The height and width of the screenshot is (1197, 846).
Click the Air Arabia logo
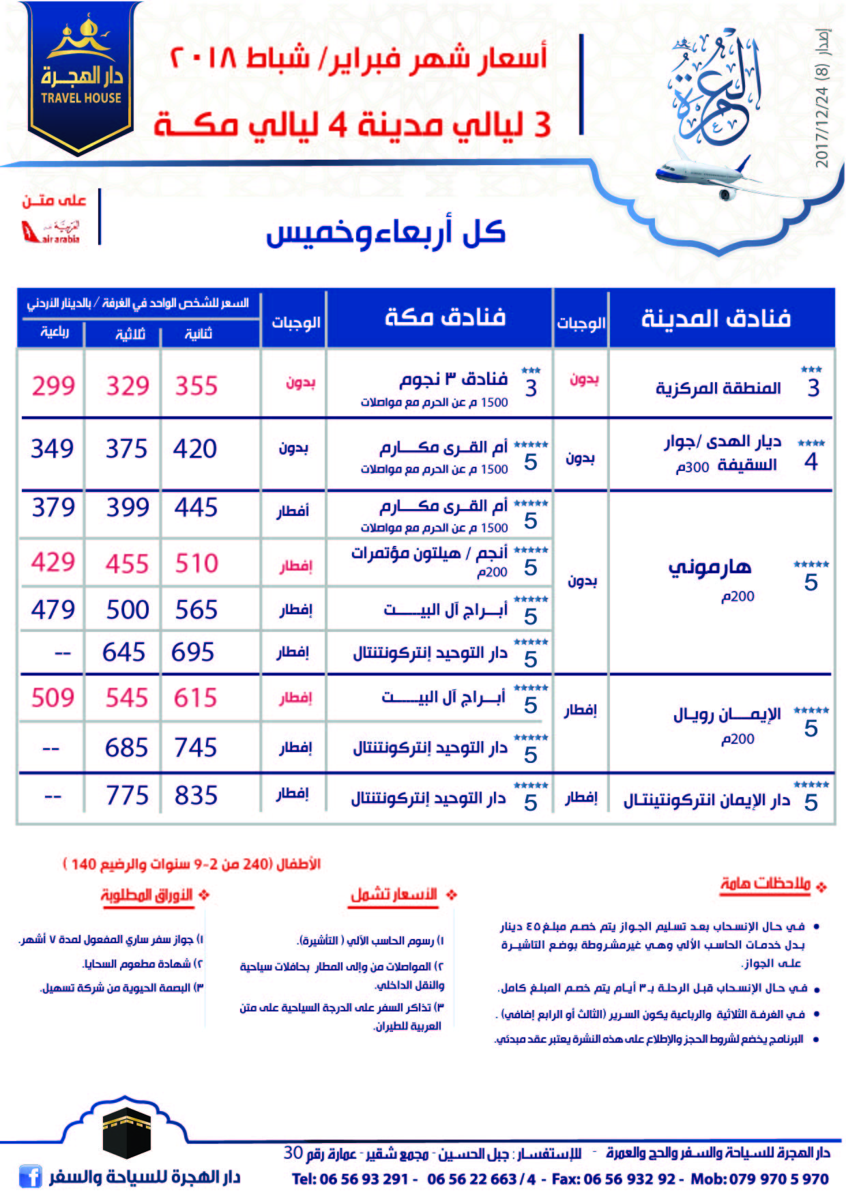pyautogui.click(x=50, y=231)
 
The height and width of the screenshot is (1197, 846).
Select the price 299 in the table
pyautogui.click(x=53, y=386)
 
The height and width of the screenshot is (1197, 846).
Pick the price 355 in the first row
pyautogui.click(x=196, y=386)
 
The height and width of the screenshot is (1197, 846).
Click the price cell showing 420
pyautogui.click(x=195, y=449)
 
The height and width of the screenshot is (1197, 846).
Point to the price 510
pyautogui.click(x=196, y=564)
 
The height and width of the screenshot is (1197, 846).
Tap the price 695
pyautogui.click(x=193, y=652)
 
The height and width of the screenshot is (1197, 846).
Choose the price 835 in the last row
pyautogui.click(x=196, y=796)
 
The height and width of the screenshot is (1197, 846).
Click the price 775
pyautogui.click(x=127, y=796)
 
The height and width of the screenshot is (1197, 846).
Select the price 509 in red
pyautogui.click(x=53, y=698)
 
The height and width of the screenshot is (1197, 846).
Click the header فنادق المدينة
pyautogui.click(x=716, y=318)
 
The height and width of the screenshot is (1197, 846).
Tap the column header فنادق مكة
pyautogui.click(x=445, y=317)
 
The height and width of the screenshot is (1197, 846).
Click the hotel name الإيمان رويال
pyautogui.click(x=727, y=715)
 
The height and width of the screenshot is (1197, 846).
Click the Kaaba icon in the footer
pyautogui.click(x=126, y=1129)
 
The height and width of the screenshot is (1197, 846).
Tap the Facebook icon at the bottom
pyautogui.click(x=30, y=1177)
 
